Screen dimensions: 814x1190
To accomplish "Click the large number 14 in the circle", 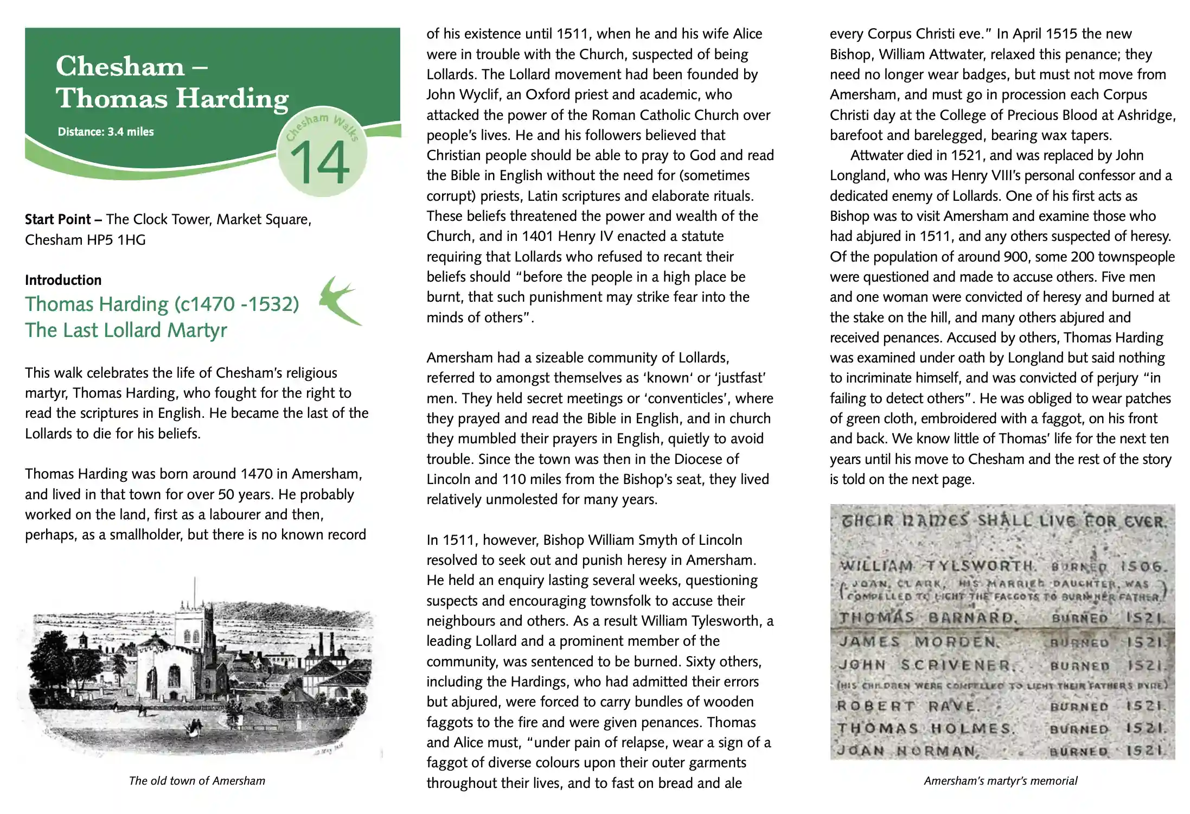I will coord(320,162).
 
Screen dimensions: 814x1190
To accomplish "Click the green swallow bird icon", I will coord(340,300).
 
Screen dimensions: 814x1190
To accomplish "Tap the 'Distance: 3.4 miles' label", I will coord(106,132).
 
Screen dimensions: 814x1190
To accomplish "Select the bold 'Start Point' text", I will coord(57,219).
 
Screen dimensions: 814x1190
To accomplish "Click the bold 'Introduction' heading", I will coord(63,280).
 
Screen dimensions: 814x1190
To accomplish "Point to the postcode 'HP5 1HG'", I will coord(116,240).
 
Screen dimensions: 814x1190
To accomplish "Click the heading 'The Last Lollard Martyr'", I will coord(126,330).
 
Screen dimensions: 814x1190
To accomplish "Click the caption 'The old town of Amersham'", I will coord(197,781).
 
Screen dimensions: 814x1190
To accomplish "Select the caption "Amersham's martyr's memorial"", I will coord(1001,781).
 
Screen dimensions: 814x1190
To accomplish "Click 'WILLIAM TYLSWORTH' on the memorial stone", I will coord(937,565).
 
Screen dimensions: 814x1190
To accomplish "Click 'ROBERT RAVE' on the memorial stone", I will coord(909,706).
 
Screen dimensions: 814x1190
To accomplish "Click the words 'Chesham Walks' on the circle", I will coord(323,125).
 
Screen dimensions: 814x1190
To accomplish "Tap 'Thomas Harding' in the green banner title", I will coord(172,98).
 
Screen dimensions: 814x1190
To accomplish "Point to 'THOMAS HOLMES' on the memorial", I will coord(925,728).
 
